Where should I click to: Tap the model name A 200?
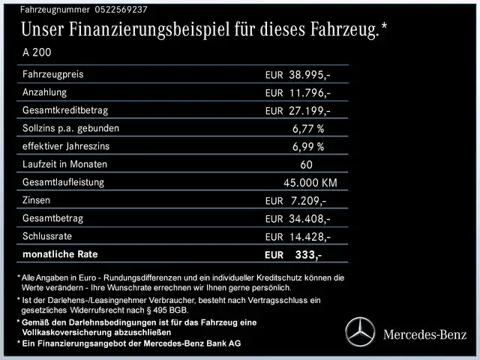click(39, 53)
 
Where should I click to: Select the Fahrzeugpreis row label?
click(53, 75)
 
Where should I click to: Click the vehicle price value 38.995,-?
click(309, 76)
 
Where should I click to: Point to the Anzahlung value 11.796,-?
click(309, 93)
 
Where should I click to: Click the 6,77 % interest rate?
click(308, 128)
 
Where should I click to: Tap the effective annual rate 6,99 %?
click(308, 146)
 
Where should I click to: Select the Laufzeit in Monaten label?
click(65, 164)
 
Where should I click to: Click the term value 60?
click(307, 164)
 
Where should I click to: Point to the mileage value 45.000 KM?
click(310, 182)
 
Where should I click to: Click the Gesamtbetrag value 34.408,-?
click(309, 219)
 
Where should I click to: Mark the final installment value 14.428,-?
click(309, 237)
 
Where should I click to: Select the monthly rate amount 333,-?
click(308, 255)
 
